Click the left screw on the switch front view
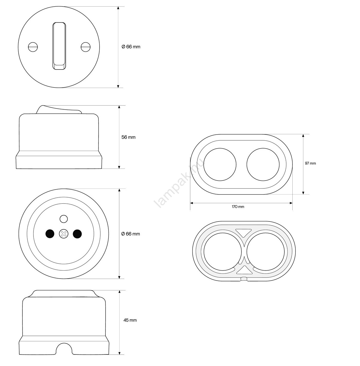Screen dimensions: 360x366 [33, 47]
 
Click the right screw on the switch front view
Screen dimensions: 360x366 [86, 47]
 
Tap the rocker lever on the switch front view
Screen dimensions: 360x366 [59, 46]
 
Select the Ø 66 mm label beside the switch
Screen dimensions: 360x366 [131, 47]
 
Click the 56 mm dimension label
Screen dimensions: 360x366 [129, 137]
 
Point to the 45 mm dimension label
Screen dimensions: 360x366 [130, 320]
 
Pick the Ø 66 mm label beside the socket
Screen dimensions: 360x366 [131, 234]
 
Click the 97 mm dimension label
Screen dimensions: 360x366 [310, 163]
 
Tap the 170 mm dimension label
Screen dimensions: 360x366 [238, 207]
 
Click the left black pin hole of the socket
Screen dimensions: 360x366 [50, 234]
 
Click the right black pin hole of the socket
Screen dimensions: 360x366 [77, 234]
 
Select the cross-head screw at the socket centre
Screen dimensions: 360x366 [64, 234]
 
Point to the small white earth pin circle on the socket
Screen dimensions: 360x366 [64, 219]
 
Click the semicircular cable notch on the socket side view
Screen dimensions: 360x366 [64, 349]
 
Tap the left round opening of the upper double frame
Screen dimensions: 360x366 [220, 164]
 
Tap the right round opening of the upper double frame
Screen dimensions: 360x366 [263, 164]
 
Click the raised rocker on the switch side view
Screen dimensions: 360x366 [59, 110]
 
